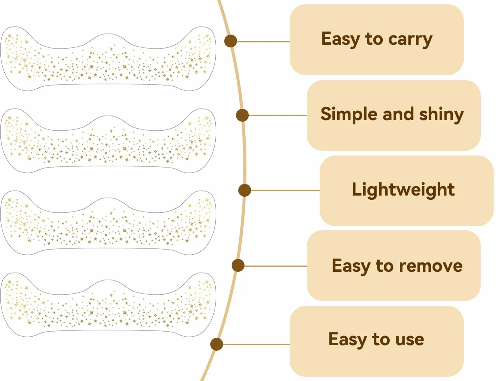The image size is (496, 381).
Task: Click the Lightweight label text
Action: [x=403, y=190]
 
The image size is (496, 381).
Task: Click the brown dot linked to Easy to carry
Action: [x=230, y=41]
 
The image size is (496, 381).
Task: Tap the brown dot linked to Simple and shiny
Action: [x=243, y=115]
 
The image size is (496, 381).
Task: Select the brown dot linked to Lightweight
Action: [x=244, y=190]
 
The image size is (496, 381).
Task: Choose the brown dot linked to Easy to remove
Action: [x=238, y=265]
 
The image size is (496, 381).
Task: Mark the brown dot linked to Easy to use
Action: [x=216, y=344]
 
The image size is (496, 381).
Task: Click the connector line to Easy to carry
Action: [x=264, y=42]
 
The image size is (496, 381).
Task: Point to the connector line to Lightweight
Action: [x=285, y=190]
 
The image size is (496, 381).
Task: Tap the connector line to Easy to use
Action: [x=256, y=344]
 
